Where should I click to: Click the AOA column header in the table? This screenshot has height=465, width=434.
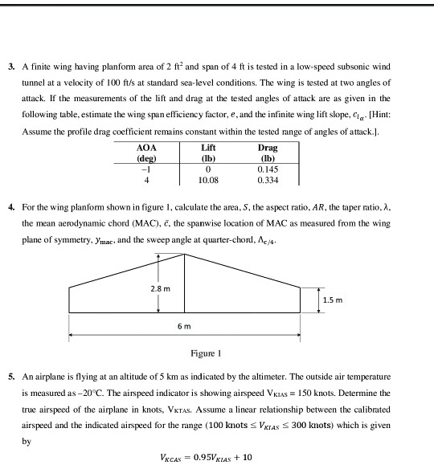tap(147, 149)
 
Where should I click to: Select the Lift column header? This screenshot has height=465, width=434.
tap(208, 149)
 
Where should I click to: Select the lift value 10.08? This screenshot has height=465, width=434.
tap(208, 181)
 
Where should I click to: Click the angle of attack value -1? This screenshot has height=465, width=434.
tap(147, 169)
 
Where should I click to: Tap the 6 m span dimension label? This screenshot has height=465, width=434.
tap(184, 328)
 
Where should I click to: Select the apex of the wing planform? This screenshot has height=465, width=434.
tap(185, 255)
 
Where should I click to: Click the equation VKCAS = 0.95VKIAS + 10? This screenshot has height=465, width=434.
tap(206, 456)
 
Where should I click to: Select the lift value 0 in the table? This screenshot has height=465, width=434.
tap(208, 169)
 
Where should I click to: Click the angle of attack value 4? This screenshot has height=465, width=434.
tap(147, 181)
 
